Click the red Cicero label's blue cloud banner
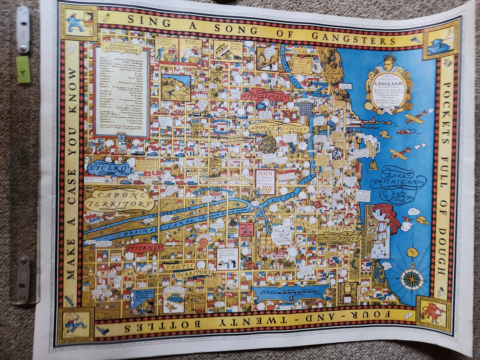[109, 168]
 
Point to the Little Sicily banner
[278, 128]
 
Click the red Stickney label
[144, 247]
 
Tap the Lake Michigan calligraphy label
[398, 180]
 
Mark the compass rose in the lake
[412, 279]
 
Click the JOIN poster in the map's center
[265, 180]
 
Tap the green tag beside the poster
[24, 69]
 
